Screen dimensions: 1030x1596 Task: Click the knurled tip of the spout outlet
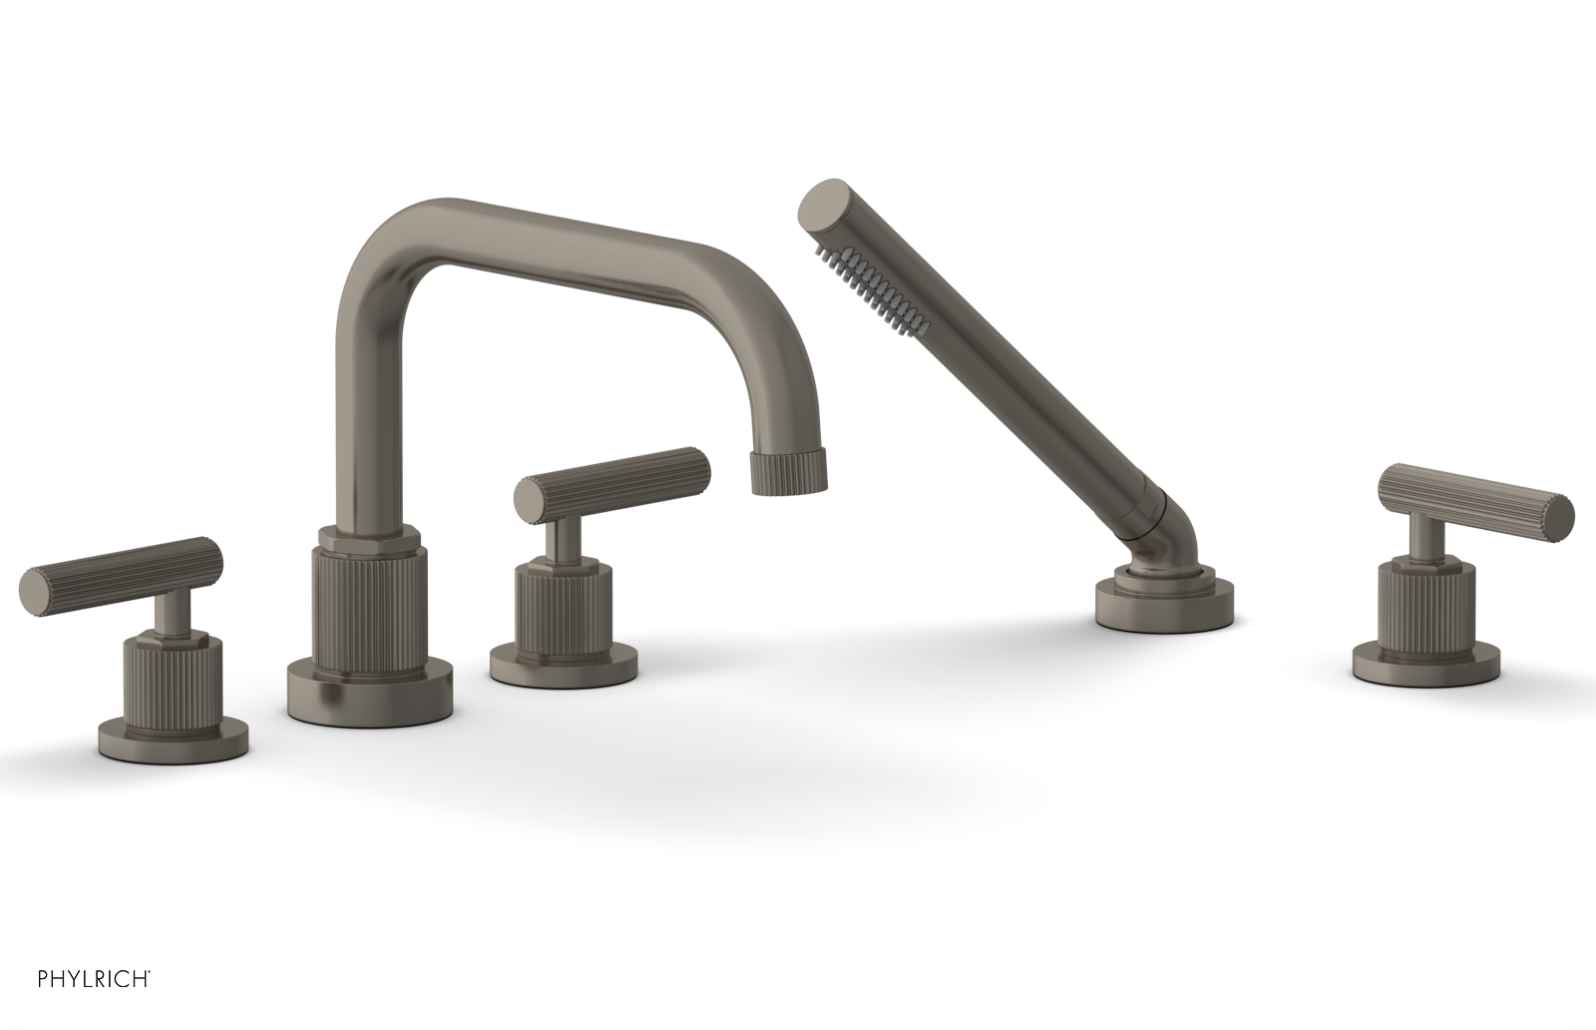[x=789, y=472]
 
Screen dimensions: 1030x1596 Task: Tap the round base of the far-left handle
[x=172, y=738]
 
